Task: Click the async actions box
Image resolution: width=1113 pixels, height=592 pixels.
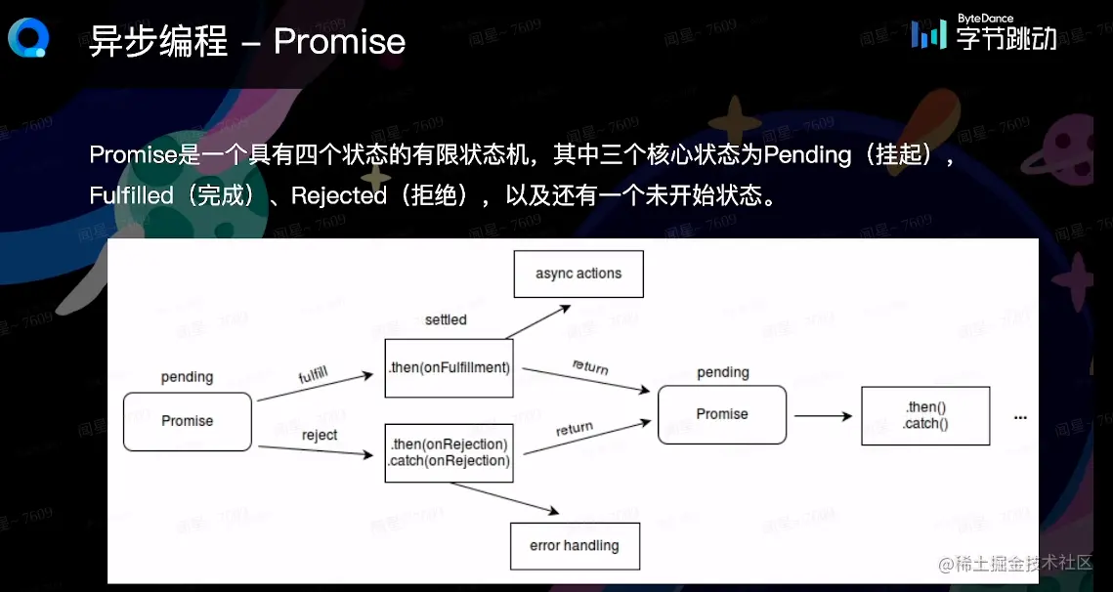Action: pos(578,274)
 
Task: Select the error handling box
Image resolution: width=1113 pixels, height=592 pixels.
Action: pos(575,546)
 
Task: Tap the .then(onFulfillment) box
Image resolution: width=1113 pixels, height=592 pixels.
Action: pos(449,368)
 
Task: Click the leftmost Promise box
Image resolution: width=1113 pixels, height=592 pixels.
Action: pos(188,421)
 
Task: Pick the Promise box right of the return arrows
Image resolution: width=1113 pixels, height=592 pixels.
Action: pos(722,414)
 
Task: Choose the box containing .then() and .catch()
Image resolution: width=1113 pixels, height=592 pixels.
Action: pos(925,416)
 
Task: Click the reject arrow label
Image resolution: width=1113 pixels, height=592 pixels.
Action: pos(320,435)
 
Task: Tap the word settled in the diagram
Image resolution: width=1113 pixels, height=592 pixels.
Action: pos(446,319)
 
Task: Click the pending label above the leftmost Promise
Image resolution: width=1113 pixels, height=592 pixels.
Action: pos(187,377)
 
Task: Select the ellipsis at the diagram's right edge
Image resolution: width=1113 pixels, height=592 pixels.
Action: pos(1020,417)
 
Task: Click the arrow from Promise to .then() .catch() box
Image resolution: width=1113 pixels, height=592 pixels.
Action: pos(823,416)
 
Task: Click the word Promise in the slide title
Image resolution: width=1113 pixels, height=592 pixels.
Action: pos(339,41)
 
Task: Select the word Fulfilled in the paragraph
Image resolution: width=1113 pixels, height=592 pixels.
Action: pos(131,195)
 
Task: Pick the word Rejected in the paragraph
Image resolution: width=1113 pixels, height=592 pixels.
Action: pos(339,195)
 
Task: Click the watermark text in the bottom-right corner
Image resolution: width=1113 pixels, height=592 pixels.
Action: pos(1015,564)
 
